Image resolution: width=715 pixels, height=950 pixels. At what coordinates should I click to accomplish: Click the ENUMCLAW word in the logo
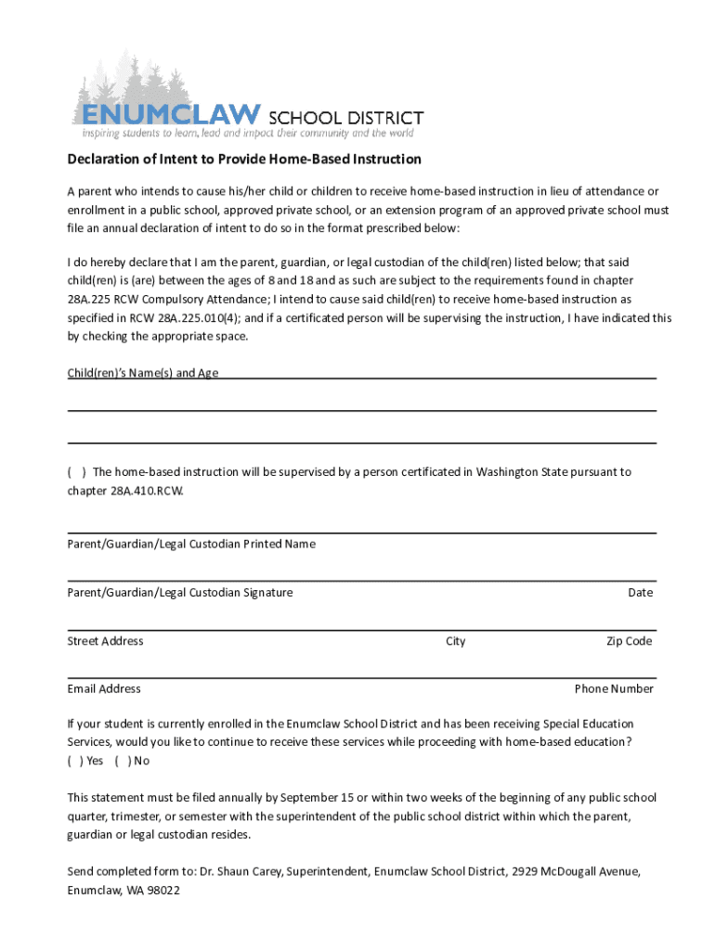[170, 114]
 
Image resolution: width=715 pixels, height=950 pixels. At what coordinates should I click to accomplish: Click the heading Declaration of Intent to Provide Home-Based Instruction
[244, 160]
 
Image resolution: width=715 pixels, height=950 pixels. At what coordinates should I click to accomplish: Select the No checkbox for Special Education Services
[123, 761]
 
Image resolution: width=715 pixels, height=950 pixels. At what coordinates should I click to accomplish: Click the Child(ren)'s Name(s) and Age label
[142, 373]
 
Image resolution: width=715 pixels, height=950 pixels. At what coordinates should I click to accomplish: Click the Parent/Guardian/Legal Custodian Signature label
[179, 593]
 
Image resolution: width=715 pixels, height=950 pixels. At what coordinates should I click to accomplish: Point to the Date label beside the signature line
[640, 593]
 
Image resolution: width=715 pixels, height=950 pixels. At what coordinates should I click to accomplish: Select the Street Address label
[105, 641]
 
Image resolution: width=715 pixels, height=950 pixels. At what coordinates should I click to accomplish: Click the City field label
[455, 641]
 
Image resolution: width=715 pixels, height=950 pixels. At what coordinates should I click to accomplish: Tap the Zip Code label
[629, 641]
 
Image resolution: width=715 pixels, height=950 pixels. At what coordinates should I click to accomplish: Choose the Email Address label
[104, 689]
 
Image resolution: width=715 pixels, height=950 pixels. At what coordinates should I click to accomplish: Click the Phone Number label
[614, 689]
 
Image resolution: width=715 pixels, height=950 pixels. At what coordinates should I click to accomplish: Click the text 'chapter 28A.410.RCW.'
[125, 491]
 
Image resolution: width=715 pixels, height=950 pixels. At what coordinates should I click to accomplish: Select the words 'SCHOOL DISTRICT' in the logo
[345, 118]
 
